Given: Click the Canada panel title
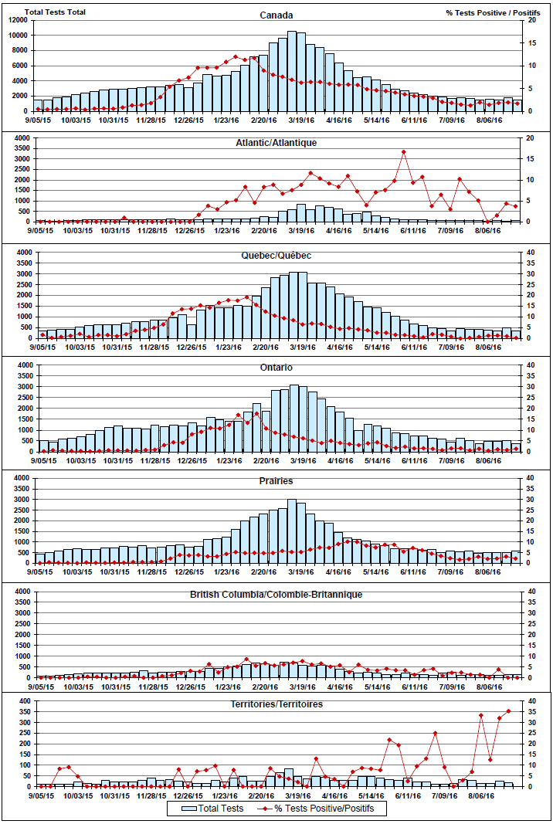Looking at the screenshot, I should (x=276, y=15).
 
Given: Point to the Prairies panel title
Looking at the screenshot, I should (x=276, y=481).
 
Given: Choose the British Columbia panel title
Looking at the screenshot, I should (x=276, y=595).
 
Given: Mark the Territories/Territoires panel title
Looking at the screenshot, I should (x=276, y=704).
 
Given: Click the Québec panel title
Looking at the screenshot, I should (x=276, y=256).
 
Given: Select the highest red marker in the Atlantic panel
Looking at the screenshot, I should (x=403, y=152).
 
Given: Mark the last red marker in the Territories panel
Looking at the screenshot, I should (x=508, y=711).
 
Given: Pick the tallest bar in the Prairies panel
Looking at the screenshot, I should (x=292, y=531).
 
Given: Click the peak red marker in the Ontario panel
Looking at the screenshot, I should (x=256, y=414).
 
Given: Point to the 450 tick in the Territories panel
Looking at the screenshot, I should (x=23, y=702).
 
